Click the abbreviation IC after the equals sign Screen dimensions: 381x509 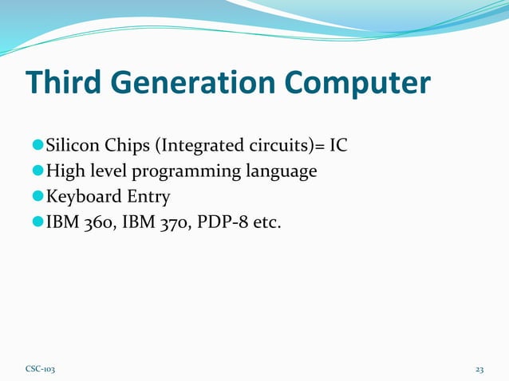coord(338,147)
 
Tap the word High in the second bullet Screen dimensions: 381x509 coord(65,171)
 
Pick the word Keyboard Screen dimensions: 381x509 coord(81,196)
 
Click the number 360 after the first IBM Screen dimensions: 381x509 coord(96,221)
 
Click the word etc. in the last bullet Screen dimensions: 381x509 coord(266,221)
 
